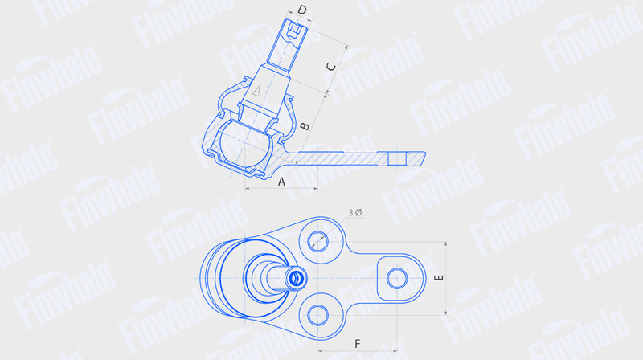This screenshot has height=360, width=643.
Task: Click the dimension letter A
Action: [x=281, y=182]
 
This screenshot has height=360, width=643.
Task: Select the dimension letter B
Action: [x=305, y=126]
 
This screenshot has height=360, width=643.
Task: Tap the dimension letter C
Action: [x=331, y=67]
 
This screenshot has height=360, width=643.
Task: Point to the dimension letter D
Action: [x=302, y=10]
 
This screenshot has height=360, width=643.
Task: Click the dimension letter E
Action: [x=438, y=278]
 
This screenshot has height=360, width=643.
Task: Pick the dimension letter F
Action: [x=357, y=344]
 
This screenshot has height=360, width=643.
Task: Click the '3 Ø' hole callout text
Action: [x=355, y=212]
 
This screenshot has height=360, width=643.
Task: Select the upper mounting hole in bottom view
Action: [x=317, y=241]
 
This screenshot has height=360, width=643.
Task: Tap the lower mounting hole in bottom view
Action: [x=317, y=315]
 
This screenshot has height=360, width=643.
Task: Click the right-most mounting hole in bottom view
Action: [x=397, y=278]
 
